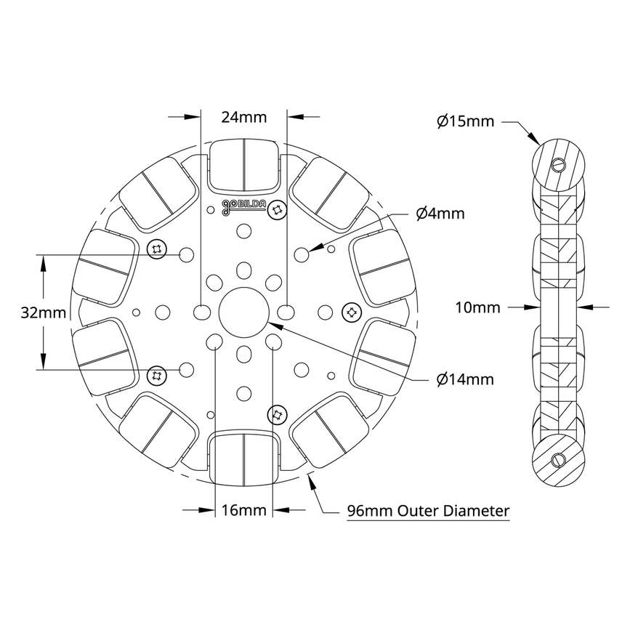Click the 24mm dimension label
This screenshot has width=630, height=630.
pos(244,117)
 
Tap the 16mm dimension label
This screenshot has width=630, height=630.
pos(244,510)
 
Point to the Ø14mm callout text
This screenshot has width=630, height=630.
pos(465,379)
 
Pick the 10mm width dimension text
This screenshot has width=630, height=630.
pos(477,307)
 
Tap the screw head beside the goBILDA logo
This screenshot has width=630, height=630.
pos(276,210)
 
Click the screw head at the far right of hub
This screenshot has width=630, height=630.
pos(351,312)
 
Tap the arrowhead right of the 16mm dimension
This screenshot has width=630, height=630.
pos(278,511)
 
